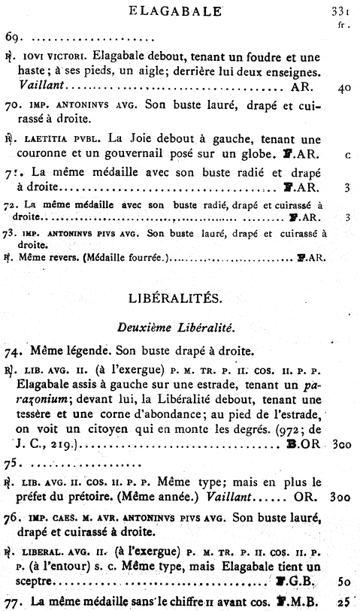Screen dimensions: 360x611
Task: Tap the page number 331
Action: tap(341, 11)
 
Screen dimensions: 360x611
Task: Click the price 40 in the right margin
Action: tap(345, 88)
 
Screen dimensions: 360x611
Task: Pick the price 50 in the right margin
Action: tap(345, 582)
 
